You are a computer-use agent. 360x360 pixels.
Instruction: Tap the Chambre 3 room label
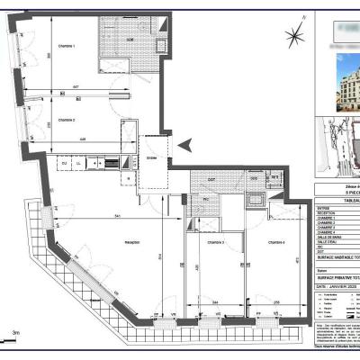(213, 243)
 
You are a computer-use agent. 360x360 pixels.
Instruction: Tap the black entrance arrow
(185, 145)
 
